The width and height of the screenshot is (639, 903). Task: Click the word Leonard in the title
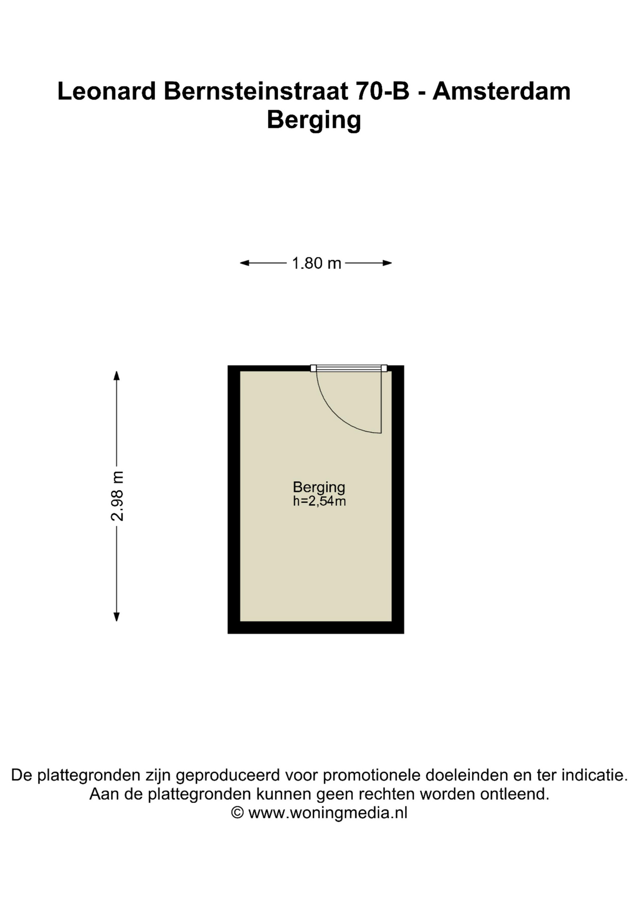pyautogui.click(x=106, y=91)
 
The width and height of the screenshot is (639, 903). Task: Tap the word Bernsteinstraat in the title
pyautogui.click(x=256, y=91)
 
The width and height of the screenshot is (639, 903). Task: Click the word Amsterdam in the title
pyautogui.click(x=502, y=91)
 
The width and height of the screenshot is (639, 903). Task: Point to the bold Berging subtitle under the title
pyautogui.click(x=314, y=120)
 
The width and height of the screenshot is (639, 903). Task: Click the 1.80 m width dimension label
pyautogui.click(x=316, y=263)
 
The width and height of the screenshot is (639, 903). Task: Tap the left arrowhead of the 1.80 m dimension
pyautogui.click(x=244, y=263)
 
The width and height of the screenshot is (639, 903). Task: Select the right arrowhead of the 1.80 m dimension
pyautogui.click(x=387, y=263)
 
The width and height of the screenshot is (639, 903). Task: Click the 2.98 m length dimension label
pyautogui.click(x=117, y=496)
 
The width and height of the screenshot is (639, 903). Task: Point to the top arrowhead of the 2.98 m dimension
pyautogui.click(x=117, y=375)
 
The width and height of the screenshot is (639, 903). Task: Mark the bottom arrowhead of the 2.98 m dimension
pyautogui.click(x=117, y=617)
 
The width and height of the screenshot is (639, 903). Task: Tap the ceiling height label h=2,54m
pyautogui.click(x=319, y=501)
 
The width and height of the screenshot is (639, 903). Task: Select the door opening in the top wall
pyautogui.click(x=349, y=368)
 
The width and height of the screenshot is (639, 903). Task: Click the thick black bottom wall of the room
pyautogui.click(x=316, y=627)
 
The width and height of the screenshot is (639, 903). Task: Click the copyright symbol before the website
pyautogui.click(x=238, y=813)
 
